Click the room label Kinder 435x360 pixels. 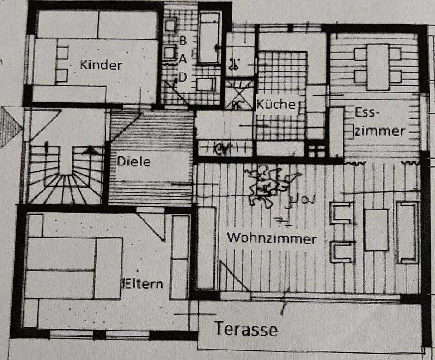[101, 65]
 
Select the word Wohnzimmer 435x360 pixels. [271, 238]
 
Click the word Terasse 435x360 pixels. [246, 329]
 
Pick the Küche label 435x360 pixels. [276, 104]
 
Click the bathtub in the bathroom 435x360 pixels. [209, 39]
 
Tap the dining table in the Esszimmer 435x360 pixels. [378, 66]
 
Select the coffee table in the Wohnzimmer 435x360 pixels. [377, 229]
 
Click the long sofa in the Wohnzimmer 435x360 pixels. [407, 232]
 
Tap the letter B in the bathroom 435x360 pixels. [183, 40]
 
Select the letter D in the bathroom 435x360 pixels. [183, 78]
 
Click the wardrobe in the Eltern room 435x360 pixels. [180, 257]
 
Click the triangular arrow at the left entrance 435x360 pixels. [10, 126]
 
